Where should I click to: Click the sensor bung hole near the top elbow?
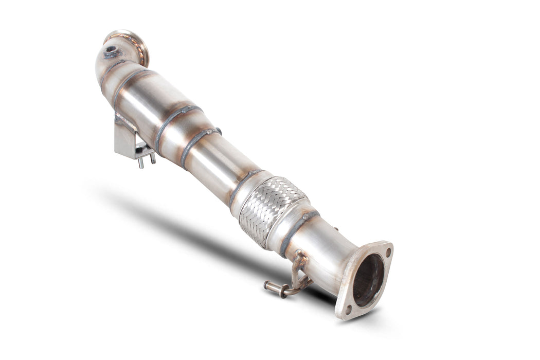click(111, 51)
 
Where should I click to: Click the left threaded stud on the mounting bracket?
click(140, 163)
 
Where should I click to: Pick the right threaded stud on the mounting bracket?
click(152, 157)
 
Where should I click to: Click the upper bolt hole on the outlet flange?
click(387, 252)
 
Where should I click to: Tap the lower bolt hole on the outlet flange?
click(348, 310)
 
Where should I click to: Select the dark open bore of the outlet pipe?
click(368, 280)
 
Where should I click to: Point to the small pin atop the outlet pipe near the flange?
click(336, 229)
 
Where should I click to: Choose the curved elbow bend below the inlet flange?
click(105, 67)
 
